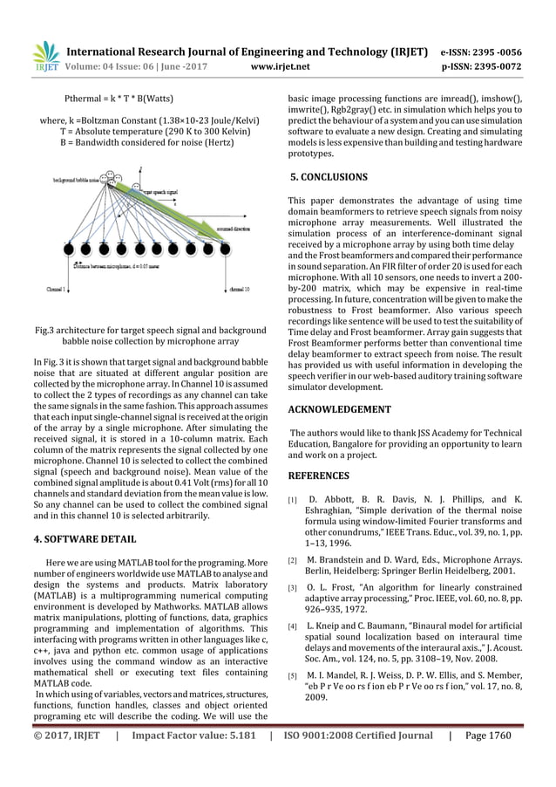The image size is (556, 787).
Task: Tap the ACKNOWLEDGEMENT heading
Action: coord(339,409)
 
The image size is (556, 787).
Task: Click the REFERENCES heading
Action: coord(318,476)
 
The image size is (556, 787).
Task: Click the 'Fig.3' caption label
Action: coord(44,331)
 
